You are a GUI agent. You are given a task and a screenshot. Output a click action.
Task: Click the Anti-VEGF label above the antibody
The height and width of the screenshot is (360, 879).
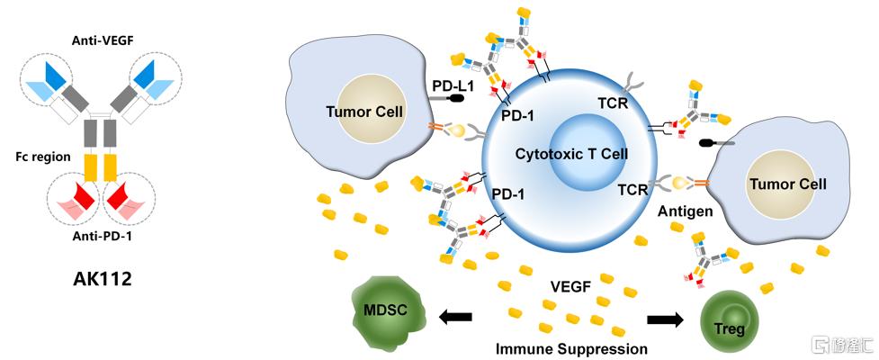[100, 40]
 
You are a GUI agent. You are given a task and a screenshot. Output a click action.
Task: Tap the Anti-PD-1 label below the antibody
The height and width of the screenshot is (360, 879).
[102, 236]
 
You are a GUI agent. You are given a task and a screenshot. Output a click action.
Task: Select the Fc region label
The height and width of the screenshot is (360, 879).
[43, 157]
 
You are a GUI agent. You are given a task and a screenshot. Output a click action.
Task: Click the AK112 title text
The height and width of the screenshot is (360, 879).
[102, 279]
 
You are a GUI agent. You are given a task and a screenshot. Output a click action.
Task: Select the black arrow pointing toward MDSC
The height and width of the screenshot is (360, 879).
[456, 318]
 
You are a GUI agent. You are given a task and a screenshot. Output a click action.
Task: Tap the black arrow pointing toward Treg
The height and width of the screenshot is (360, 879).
[666, 320]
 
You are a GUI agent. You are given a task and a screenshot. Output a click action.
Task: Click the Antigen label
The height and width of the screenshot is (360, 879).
[686, 211]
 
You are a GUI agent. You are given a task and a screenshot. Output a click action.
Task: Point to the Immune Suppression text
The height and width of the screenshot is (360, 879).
[571, 348]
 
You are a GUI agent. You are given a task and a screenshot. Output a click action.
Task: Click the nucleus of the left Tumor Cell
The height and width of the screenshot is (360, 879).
[364, 112]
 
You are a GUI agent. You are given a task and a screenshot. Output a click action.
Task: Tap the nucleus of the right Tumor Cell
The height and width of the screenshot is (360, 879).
[787, 184]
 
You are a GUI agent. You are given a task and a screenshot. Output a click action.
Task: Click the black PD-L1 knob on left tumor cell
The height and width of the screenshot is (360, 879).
[459, 98]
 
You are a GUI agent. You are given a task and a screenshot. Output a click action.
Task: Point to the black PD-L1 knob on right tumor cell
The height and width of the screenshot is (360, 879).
[708, 143]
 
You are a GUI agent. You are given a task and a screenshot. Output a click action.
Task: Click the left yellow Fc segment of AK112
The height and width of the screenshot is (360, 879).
[91, 167]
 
